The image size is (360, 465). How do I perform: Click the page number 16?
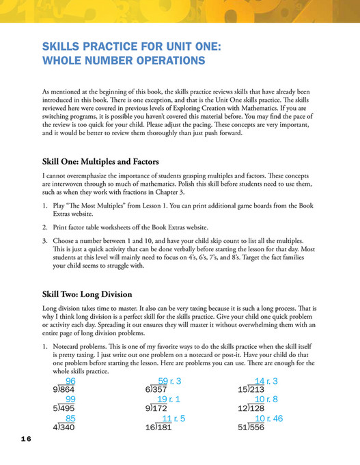[22, 439]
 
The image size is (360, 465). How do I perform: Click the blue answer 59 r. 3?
[169, 381]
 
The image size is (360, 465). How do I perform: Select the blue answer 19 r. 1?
[169, 399]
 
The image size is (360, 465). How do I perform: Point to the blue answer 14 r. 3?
[266, 381]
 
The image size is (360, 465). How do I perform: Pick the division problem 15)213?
[254, 390]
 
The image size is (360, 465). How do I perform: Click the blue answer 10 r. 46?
[268, 418]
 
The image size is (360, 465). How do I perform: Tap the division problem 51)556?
[254, 427]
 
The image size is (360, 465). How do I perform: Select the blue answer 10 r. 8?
[266, 399]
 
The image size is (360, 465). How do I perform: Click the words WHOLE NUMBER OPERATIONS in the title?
[123, 61]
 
